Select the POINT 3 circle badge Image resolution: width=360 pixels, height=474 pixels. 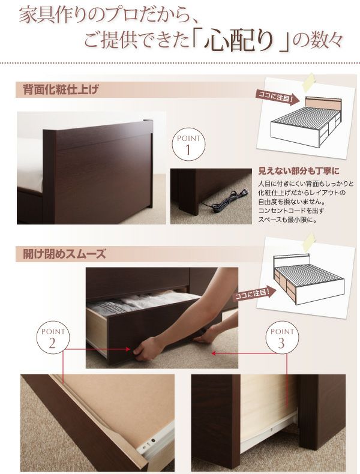click(282, 337)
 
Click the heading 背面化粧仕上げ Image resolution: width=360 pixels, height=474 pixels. click(61, 91)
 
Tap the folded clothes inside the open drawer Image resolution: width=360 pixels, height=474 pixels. click(138, 305)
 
